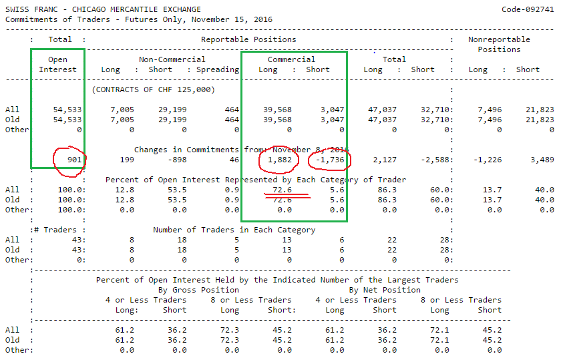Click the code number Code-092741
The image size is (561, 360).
click(x=527, y=9)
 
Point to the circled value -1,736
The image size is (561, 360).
click(x=331, y=160)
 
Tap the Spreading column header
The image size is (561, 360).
click(x=218, y=69)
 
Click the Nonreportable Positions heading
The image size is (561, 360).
click(x=499, y=44)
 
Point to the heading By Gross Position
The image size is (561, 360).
click(x=198, y=290)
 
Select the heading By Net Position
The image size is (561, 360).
click(x=385, y=290)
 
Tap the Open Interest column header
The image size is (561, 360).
click(x=58, y=64)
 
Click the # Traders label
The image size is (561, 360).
click(x=57, y=230)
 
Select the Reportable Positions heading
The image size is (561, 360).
click(x=240, y=39)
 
